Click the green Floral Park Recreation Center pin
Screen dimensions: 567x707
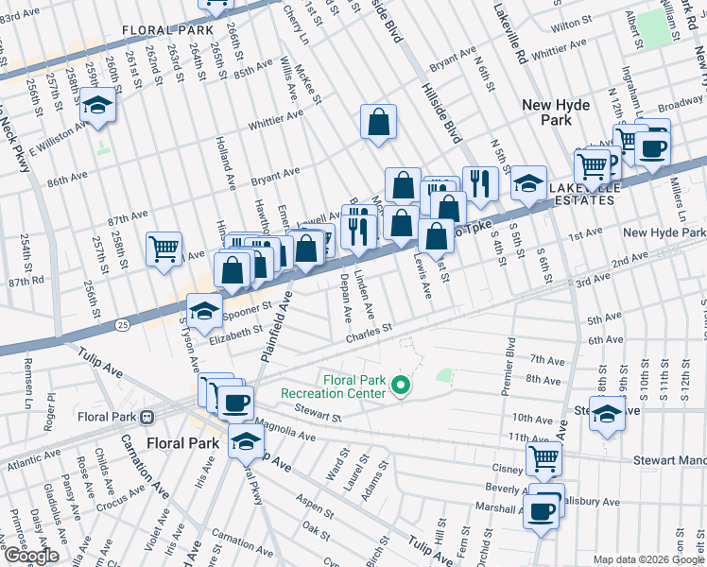402,385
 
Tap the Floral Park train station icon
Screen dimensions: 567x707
147,417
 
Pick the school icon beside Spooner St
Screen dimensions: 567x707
204,310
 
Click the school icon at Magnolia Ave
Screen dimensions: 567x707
246,440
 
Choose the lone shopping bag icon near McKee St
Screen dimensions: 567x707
378,122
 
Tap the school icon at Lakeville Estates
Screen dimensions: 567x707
528,183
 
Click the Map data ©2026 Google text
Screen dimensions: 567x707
647,559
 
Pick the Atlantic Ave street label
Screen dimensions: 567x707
31,465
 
